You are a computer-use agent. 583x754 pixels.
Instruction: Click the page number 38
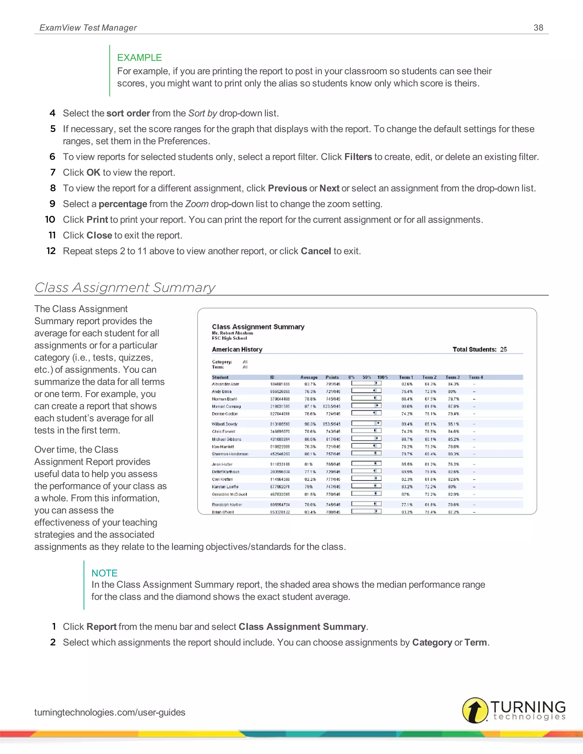pos(538,28)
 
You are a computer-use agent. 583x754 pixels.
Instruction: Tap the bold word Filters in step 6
pos(358,157)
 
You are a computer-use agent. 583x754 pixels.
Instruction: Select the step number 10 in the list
pos(50,220)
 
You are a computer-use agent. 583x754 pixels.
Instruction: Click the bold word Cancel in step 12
pos(316,251)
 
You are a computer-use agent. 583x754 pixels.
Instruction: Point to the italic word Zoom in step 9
pos(197,204)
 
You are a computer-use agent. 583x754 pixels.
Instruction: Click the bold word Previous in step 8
pos(287,188)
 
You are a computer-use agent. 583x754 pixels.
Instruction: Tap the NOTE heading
pos(104,573)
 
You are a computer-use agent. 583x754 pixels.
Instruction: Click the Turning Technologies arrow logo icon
pos(475,710)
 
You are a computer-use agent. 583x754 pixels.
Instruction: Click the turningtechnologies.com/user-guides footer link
pos(110,712)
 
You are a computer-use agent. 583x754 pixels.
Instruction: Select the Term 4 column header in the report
pos(476,377)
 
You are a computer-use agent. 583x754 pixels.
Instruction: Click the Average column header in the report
pos(309,377)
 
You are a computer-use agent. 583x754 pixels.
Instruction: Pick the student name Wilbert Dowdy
pos(225,424)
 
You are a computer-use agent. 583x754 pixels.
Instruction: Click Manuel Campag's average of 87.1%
pos(310,406)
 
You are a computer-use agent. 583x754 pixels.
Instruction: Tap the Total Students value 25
pos(503,349)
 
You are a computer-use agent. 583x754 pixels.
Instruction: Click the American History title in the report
pos(237,349)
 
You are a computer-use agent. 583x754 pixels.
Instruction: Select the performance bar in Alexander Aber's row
pos(366,383)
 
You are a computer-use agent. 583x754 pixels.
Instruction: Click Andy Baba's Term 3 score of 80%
pos(452,392)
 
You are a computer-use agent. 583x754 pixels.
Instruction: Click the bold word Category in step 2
pos(432,642)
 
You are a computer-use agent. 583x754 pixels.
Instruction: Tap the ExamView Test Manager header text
pos(88,28)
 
